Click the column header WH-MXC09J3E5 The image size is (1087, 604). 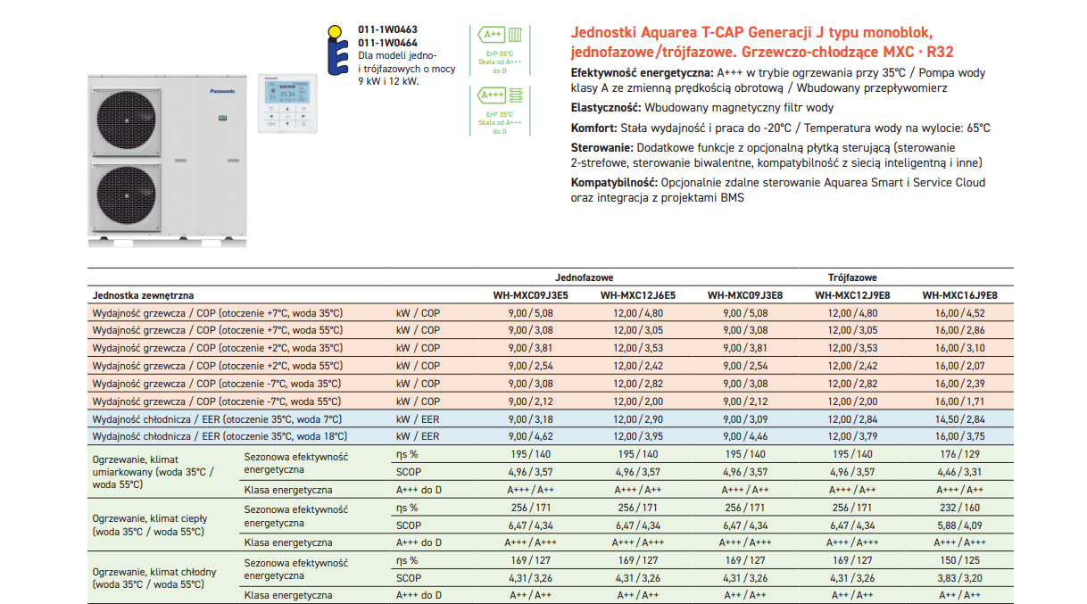pos(530,295)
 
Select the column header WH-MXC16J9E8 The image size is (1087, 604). pos(959,295)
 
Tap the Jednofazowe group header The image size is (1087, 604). pos(584,278)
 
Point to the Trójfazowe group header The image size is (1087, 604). pos(852,278)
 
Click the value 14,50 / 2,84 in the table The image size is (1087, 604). pos(959,419)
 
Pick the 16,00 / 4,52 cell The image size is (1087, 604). pos(959,313)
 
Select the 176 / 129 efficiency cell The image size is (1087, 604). pos(959,455)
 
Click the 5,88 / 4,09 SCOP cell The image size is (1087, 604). pos(959,525)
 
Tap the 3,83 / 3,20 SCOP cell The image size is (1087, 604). pos(959,578)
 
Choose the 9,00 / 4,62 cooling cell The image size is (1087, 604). pos(530,437)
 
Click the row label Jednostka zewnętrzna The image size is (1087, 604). pos(143,295)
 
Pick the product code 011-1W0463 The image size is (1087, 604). pos(387,30)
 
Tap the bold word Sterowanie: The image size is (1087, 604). pos(602,147)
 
